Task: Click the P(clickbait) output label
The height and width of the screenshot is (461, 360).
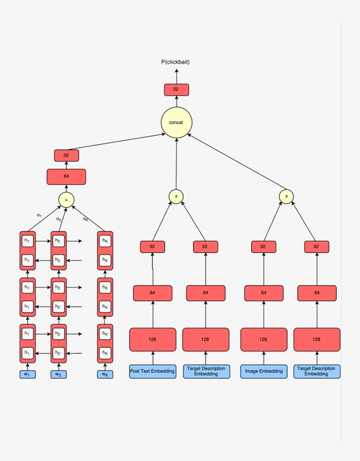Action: coord(176,62)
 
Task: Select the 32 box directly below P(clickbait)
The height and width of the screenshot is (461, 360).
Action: coord(176,90)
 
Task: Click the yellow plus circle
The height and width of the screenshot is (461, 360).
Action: coord(66,200)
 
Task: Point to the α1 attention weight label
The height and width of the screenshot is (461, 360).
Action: coord(39,215)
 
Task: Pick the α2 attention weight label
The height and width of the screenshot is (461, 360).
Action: coord(58,218)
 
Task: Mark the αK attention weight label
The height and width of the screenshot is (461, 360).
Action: coord(86,218)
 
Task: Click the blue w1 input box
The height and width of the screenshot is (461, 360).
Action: coord(27,374)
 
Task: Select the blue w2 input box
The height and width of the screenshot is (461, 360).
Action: coord(58,374)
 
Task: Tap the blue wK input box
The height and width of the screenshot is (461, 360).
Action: coord(105,374)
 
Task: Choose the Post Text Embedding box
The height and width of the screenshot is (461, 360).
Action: coord(152,371)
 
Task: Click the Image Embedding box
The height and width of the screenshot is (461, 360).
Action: coord(263,371)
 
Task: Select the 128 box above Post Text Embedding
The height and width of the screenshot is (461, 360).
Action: coord(152,339)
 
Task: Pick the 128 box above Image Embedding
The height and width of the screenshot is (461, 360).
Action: coord(263,339)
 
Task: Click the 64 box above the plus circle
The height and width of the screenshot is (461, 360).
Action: coord(66,177)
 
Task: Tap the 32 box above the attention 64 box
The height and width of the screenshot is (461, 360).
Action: coord(66,155)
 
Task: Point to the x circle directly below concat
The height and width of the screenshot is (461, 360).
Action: coord(176,196)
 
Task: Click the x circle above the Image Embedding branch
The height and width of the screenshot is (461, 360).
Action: coord(286,196)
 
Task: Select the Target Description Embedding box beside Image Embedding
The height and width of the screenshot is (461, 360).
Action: coord(317,371)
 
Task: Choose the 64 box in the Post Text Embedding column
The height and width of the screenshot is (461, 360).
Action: coord(152,293)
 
